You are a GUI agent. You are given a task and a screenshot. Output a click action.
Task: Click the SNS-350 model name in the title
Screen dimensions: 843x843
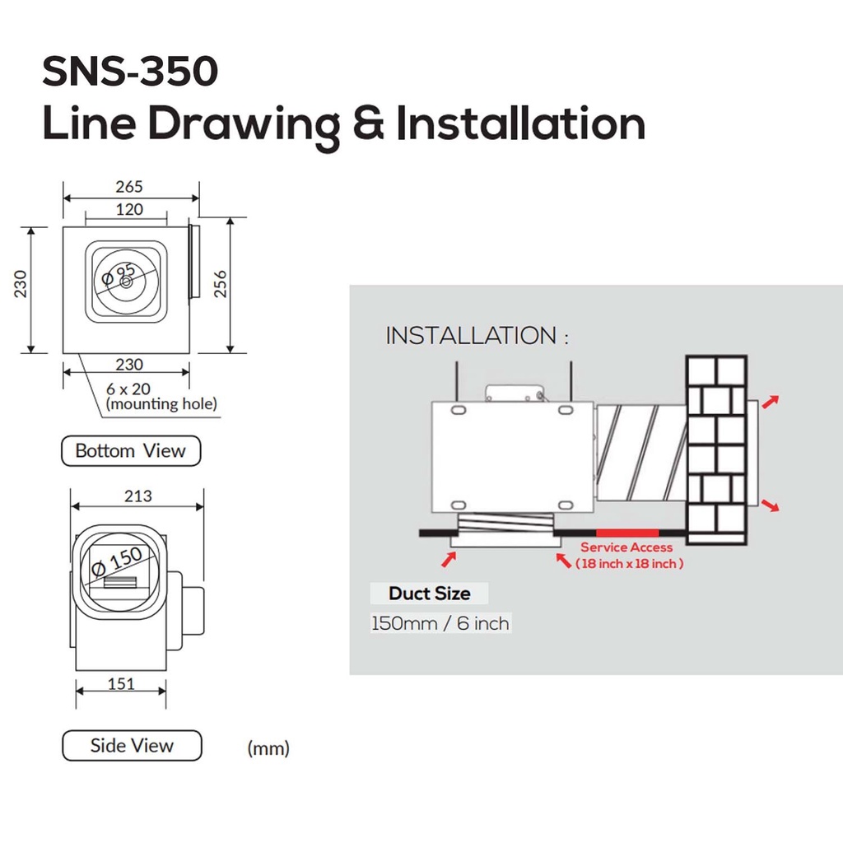point(130,72)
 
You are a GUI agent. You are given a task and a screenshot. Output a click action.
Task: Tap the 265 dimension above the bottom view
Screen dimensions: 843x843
point(128,187)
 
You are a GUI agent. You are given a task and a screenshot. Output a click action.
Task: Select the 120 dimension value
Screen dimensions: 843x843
point(128,209)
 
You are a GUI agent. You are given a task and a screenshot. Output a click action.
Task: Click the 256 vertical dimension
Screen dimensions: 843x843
point(220,285)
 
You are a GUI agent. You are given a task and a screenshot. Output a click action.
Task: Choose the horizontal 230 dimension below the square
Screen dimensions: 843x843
point(128,364)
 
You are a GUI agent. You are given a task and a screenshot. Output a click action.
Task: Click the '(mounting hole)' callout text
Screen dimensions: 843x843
point(161,403)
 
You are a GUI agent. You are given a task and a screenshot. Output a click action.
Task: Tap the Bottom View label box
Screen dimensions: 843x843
point(131,451)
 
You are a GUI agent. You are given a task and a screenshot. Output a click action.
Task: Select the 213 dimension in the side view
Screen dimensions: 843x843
point(137,496)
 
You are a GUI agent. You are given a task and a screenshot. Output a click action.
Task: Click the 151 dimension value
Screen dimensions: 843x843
point(121,683)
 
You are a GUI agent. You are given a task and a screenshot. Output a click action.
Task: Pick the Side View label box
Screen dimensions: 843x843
point(132,746)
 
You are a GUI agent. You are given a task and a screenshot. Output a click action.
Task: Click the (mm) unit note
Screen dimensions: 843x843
point(268,748)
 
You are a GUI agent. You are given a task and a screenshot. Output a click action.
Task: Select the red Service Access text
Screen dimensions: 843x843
point(626,547)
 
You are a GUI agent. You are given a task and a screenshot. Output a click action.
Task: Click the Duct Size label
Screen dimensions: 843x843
point(430,594)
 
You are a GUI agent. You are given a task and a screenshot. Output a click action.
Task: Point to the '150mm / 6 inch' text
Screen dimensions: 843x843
point(440,623)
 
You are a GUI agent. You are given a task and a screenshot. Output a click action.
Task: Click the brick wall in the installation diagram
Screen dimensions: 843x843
point(716,449)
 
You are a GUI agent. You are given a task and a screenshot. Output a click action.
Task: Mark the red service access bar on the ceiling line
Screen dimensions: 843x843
point(626,533)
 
